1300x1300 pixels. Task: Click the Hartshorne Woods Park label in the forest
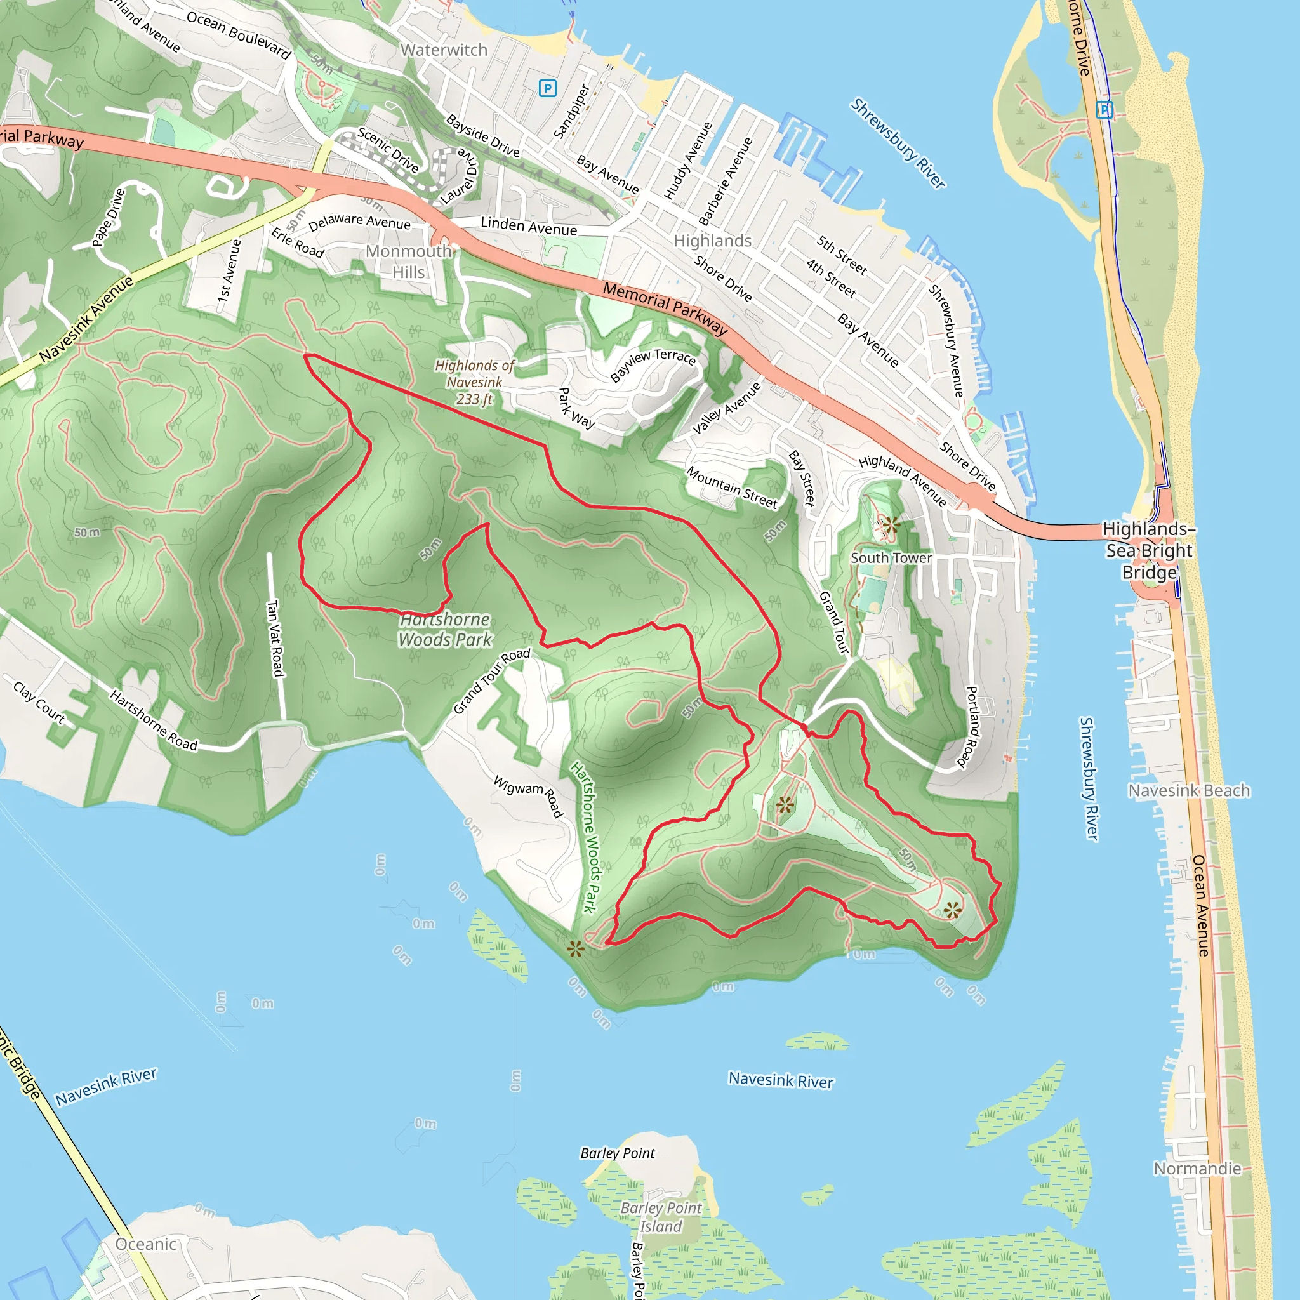point(445,629)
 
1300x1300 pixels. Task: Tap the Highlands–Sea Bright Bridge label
point(1148,550)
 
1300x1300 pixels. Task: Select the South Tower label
point(891,558)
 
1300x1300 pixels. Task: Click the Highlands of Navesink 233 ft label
point(474,382)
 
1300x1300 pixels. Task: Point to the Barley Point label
point(617,1153)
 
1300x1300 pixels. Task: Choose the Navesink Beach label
point(1189,791)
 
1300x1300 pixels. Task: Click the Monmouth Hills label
point(408,262)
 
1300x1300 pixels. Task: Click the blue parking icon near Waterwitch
point(548,88)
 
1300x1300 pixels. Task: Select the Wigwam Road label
point(528,797)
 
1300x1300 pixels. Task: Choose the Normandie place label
point(1197,1169)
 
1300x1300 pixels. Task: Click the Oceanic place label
point(146,1244)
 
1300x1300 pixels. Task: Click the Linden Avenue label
point(529,226)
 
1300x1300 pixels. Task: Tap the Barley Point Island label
point(660,1217)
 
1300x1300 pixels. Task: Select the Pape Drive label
point(109,217)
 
